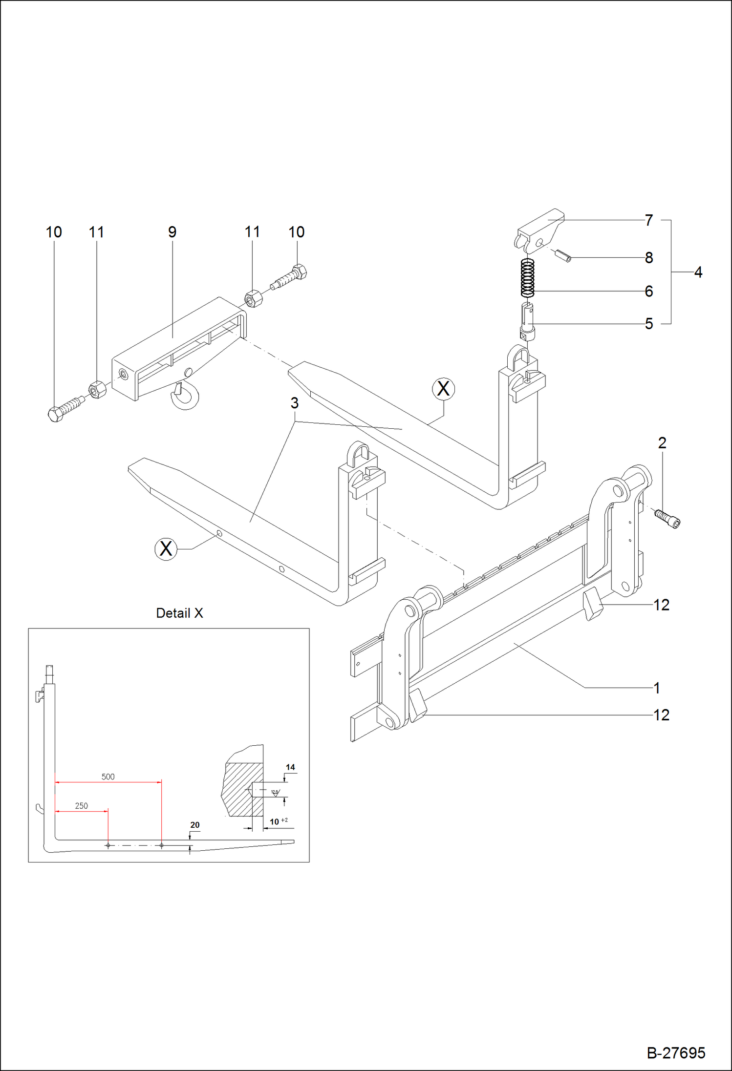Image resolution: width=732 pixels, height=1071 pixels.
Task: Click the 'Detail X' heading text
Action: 179,613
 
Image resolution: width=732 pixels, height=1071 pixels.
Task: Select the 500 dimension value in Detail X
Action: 108,777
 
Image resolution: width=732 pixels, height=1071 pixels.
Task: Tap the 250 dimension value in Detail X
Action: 81,806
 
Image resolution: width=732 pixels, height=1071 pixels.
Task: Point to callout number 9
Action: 172,232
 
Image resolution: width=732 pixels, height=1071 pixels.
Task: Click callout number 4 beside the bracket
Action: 698,272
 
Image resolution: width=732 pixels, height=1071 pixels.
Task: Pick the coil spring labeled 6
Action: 527,277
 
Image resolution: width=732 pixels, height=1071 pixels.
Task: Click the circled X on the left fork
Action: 166,548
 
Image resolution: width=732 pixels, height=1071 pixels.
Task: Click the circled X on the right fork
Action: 443,389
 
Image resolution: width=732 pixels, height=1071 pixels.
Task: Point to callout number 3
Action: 294,403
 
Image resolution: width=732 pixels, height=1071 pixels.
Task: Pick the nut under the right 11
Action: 253,297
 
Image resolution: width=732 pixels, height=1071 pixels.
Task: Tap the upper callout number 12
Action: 661,605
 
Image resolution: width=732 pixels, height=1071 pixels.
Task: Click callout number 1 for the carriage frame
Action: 657,688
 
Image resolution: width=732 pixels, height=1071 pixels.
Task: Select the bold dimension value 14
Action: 290,767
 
